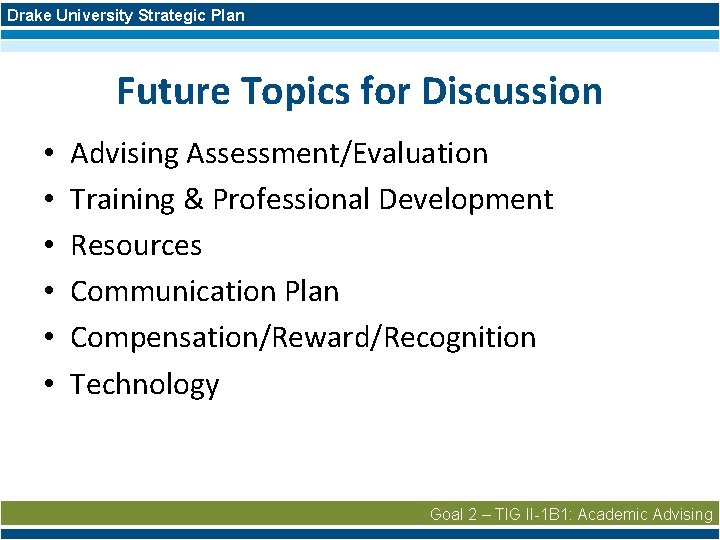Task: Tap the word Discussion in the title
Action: pyautogui.click(x=512, y=91)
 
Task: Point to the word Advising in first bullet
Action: pyautogui.click(x=125, y=154)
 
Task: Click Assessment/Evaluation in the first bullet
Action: pyautogui.click(x=337, y=154)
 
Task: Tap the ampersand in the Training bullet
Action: pyautogui.click(x=193, y=200)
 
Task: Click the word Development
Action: pyautogui.click(x=465, y=200)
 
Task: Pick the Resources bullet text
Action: pyautogui.click(x=136, y=246)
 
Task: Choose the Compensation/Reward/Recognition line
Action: pyautogui.click(x=303, y=338)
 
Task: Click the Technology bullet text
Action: pyautogui.click(x=145, y=384)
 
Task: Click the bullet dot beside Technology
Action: pyautogui.click(x=48, y=385)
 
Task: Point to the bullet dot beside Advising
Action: pyautogui.click(x=48, y=155)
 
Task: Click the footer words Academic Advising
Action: pyautogui.click(x=645, y=514)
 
